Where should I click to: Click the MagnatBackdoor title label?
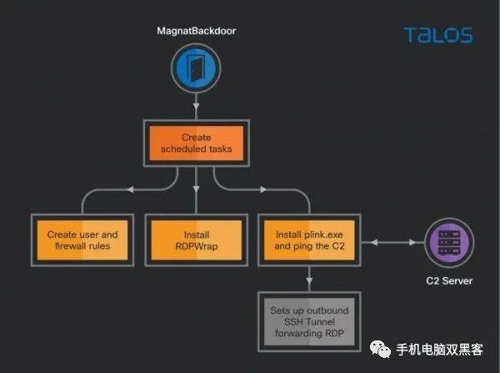(x=197, y=31)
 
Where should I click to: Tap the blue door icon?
(x=196, y=68)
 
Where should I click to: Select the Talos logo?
(x=438, y=35)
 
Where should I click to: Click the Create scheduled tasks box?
(x=197, y=143)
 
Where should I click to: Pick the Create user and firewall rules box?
(x=82, y=240)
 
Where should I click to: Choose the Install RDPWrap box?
(x=197, y=240)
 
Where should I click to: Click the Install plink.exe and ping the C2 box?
(x=309, y=240)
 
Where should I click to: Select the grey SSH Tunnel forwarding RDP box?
(x=309, y=321)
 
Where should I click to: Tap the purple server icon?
(x=449, y=243)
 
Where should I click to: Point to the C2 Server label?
(x=449, y=281)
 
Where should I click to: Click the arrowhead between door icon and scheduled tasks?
(x=196, y=106)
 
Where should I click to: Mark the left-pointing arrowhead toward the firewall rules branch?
(x=130, y=189)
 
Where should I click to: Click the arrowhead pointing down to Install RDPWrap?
(x=196, y=189)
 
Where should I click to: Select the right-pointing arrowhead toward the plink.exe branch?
(x=263, y=189)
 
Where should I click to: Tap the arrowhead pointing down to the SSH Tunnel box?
(x=309, y=280)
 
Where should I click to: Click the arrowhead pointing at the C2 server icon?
(x=412, y=243)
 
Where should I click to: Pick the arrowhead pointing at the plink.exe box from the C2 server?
(x=374, y=243)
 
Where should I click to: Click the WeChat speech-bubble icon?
(x=381, y=349)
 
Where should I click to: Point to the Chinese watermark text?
(x=439, y=350)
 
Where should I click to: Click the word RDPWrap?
(x=197, y=246)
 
